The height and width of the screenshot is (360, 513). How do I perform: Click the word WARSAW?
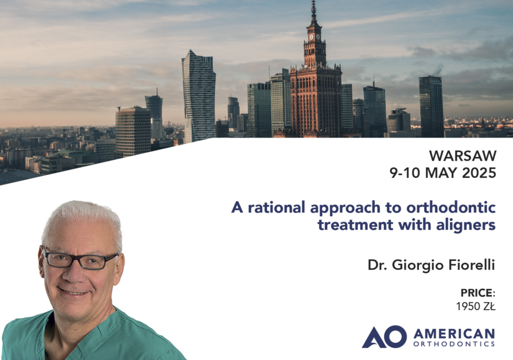coord(463,156)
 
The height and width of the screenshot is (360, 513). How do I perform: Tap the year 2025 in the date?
coord(479,173)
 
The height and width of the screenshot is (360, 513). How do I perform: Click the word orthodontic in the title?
coord(451,207)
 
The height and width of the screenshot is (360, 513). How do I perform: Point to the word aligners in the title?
coord(466,225)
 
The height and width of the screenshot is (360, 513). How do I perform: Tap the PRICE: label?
coord(478,293)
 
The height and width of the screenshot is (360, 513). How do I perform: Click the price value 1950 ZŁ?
coord(476,306)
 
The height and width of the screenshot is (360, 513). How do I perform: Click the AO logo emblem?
coord(384,337)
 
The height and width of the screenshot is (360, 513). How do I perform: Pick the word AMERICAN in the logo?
coord(454,334)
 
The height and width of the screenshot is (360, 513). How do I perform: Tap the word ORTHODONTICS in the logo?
coord(454,344)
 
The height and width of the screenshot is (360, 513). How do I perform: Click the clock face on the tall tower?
coord(311,37)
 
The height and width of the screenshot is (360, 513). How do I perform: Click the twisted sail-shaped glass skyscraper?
coord(199,96)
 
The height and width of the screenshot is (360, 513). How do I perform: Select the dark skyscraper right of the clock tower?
coord(432,107)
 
